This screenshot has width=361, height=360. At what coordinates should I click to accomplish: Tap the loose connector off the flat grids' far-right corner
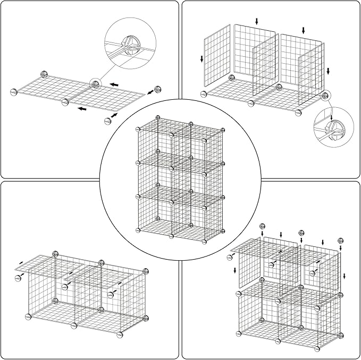(x=157, y=89)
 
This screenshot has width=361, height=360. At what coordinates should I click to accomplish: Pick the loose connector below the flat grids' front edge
(x=108, y=121)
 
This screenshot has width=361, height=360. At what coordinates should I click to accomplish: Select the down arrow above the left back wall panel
(x=257, y=21)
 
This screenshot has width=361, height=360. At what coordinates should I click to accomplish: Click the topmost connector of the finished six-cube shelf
(x=157, y=117)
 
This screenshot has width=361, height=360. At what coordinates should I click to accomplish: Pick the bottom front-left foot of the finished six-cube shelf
(x=138, y=230)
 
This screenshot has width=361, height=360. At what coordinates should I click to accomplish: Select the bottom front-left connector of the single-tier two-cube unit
(x=29, y=316)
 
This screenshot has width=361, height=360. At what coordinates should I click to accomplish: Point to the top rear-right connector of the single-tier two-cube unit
(x=143, y=272)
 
